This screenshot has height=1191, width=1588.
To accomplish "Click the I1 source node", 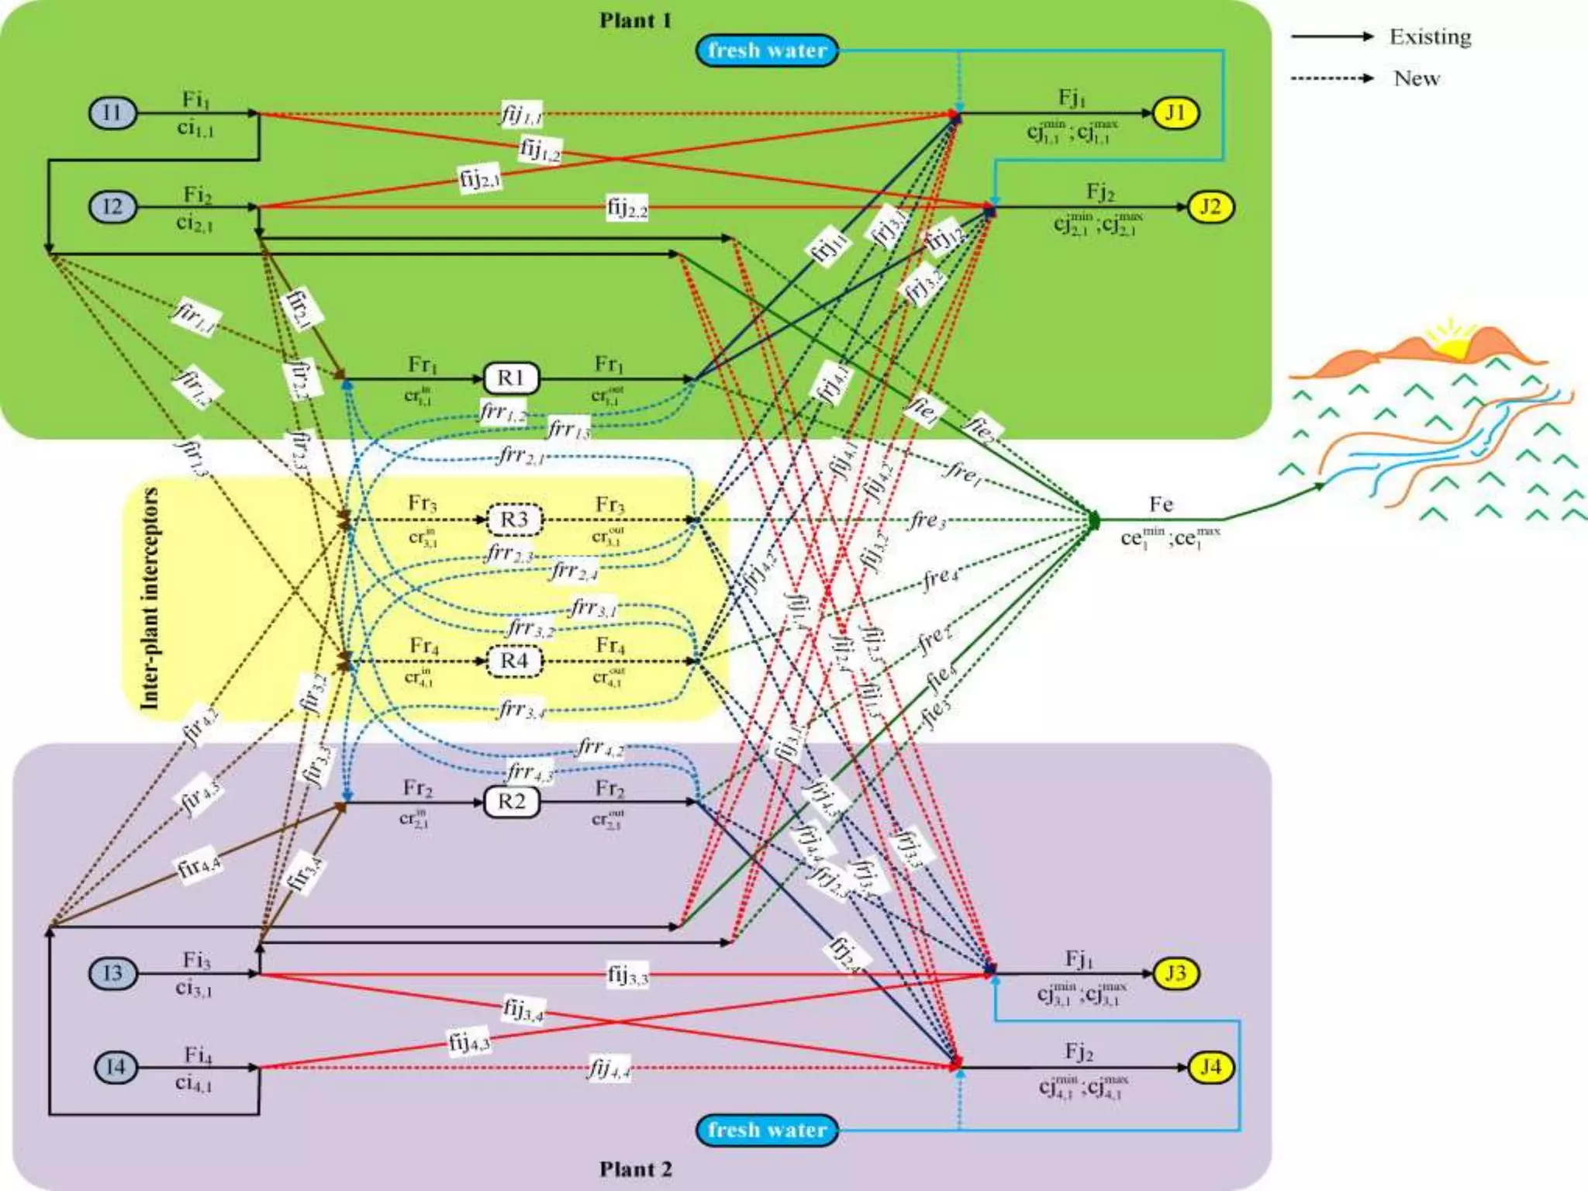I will [112, 113].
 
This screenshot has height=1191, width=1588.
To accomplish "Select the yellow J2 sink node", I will [1210, 207].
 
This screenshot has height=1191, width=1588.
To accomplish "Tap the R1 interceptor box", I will [511, 378].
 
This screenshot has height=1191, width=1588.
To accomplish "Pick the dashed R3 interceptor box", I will [514, 520].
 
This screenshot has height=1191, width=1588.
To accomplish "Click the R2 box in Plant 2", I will [511, 802].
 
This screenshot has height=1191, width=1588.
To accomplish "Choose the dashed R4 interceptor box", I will [514, 661].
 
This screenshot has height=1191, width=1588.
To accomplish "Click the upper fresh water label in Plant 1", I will [767, 50].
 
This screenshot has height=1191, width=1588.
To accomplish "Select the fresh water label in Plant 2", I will [767, 1130].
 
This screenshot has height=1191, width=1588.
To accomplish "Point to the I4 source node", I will [116, 1067].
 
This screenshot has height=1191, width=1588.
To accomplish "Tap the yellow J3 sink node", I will [1175, 973].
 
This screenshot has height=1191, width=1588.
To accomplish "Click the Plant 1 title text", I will [635, 20].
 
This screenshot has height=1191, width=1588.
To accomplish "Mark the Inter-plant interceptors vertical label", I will [149, 598].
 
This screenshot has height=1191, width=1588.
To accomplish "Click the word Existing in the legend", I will [1430, 36].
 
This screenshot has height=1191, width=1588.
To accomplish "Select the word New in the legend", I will [1416, 78].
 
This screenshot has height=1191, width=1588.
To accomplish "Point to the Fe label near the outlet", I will [1161, 504].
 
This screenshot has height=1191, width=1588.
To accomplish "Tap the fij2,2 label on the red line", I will [627, 208].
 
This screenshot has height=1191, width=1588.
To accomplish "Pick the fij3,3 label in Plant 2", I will [627, 975].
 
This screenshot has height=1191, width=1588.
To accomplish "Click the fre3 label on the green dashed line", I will [928, 520].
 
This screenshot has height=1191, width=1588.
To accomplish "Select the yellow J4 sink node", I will [1210, 1067].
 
